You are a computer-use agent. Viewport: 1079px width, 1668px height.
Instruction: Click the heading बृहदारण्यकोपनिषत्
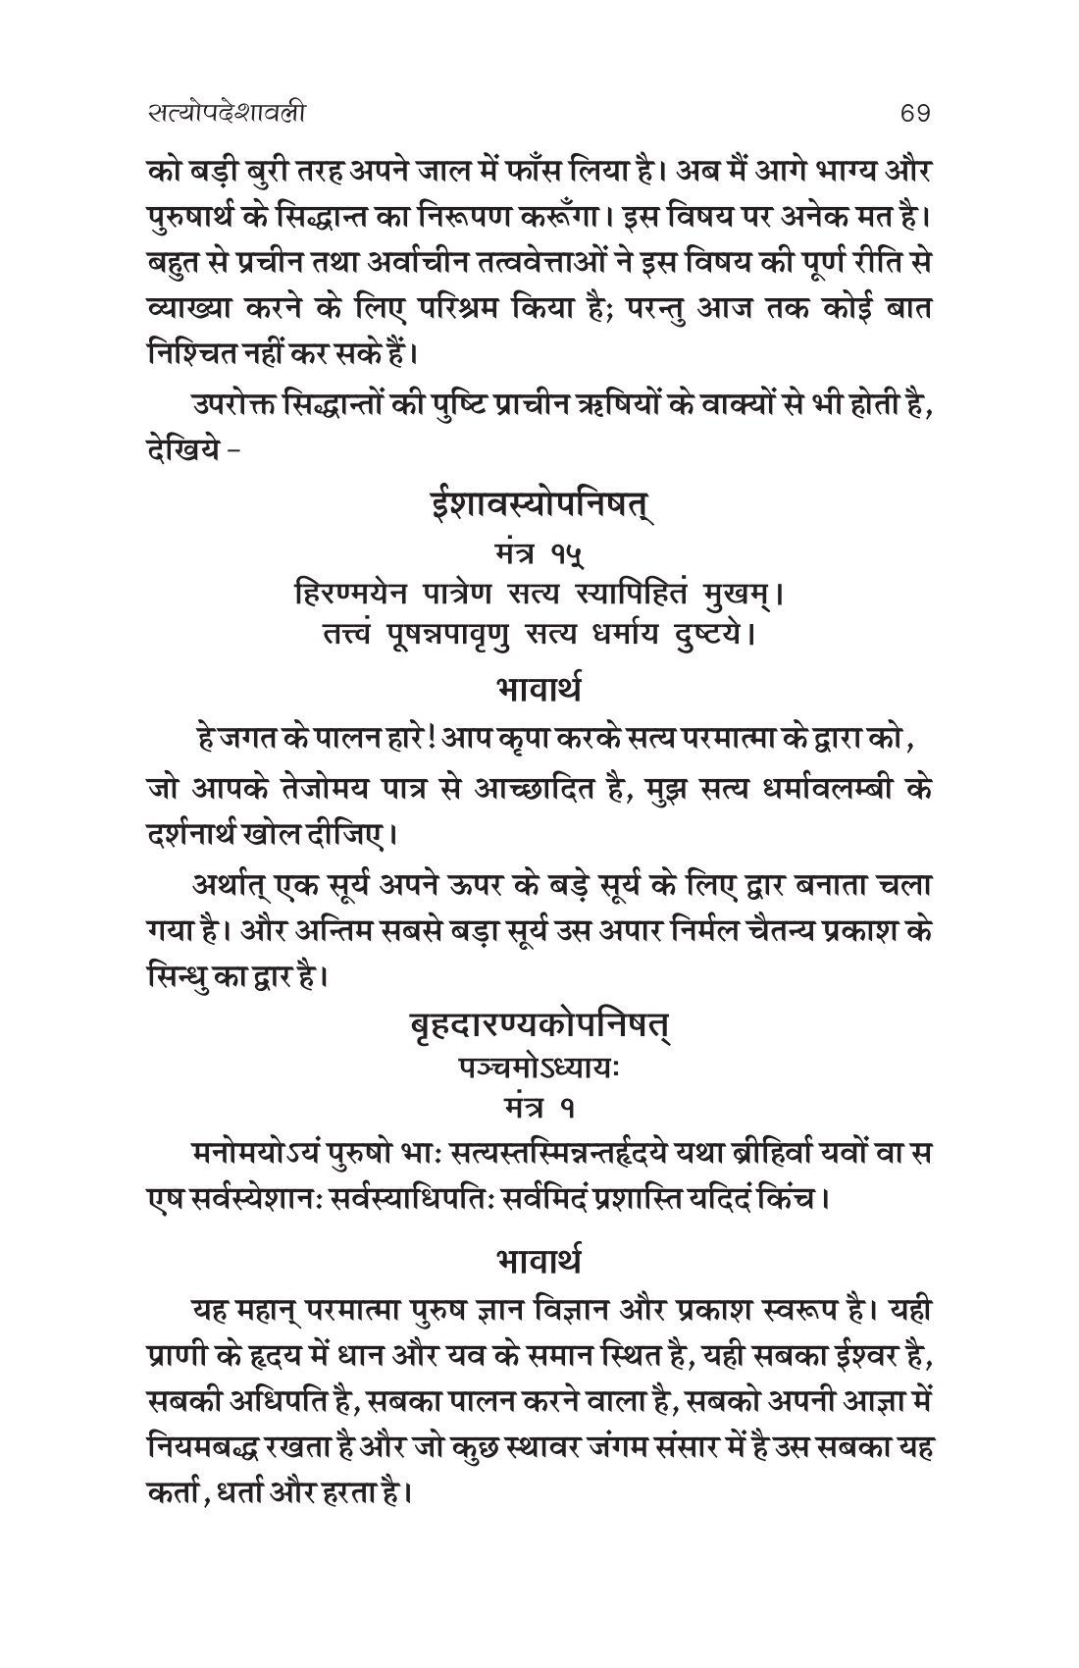(539, 1030)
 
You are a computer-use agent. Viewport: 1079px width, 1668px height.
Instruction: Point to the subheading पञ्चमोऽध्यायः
(539, 1070)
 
